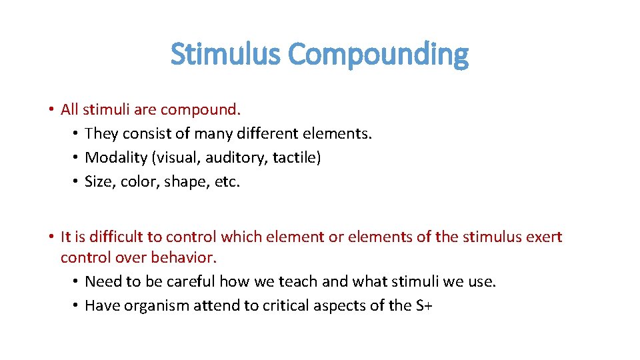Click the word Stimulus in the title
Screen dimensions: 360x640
click(x=226, y=55)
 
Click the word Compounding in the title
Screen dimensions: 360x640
click(x=379, y=55)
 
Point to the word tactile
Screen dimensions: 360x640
click(x=294, y=158)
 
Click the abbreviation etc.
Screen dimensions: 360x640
click(x=227, y=182)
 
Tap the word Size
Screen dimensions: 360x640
click(x=99, y=182)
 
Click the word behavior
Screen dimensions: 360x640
click(x=188, y=257)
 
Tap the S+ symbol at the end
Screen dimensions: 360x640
click(x=423, y=306)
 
